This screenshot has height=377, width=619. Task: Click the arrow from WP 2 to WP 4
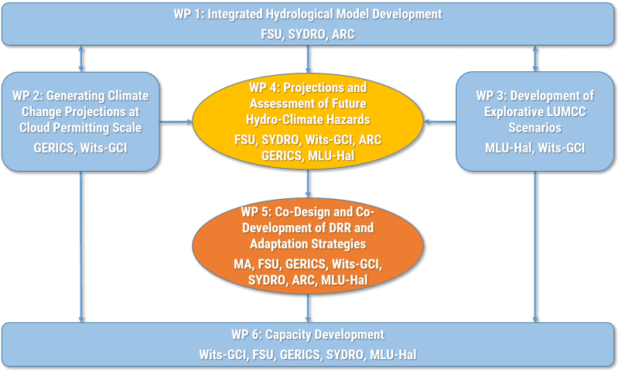coord(176,122)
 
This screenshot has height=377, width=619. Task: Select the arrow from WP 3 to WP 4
coord(439,122)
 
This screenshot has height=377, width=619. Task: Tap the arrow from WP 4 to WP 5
coord(308,183)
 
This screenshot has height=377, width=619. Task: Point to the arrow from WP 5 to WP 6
coord(308,308)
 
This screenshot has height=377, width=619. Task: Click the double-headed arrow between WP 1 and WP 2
coord(81,59)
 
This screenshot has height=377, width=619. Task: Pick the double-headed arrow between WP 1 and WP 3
coord(535,59)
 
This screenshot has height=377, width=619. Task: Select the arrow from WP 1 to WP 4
coord(308,60)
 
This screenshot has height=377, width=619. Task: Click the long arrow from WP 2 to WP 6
coord(81,247)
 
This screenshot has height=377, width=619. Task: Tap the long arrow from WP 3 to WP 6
coord(535,247)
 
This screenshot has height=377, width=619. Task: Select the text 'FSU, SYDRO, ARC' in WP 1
coord(308,34)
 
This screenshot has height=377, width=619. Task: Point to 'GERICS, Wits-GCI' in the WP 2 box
coord(80,148)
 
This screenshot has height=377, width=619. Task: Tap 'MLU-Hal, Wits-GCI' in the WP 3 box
coord(535,148)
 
